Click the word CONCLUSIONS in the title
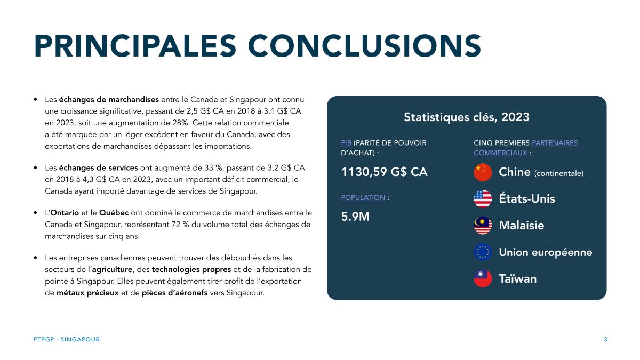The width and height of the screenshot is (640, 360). (x=365, y=46)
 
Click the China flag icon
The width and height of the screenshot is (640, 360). (x=483, y=172)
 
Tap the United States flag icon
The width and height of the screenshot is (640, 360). (x=483, y=198)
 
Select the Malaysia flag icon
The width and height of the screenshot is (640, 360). (x=483, y=226)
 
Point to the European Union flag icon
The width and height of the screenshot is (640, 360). (x=483, y=252)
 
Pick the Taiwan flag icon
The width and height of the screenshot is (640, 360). (x=483, y=278)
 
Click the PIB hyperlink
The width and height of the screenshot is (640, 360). (x=346, y=143)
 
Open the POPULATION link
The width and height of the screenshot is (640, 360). (x=363, y=197)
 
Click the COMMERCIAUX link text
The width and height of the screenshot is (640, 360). (x=500, y=153)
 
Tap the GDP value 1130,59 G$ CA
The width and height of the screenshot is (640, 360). (x=385, y=172)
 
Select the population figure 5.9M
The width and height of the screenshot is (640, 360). (x=355, y=217)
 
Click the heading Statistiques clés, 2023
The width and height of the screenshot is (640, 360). (x=467, y=117)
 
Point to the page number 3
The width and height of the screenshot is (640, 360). (x=605, y=339)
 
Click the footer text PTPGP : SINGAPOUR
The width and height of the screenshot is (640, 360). (x=67, y=339)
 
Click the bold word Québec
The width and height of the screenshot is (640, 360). (x=114, y=213)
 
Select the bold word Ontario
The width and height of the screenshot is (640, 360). (x=65, y=213)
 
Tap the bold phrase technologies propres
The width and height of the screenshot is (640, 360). (x=191, y=269)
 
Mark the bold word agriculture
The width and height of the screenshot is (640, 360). (x=112, y=269)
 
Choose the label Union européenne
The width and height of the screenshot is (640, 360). (x=546, y=252)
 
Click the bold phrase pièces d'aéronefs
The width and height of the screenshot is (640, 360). (x=174, y=293)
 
